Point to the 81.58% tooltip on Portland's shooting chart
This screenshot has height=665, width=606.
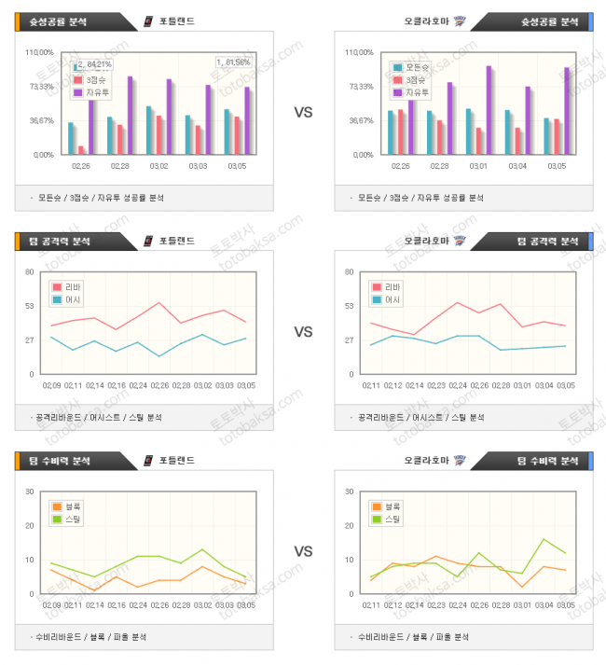tap(233, 62)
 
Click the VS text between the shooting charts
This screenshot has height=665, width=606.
tap(303, 112)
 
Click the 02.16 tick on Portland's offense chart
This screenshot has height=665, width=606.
tap(117, 384)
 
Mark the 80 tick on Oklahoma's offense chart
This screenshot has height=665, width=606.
tap(350, 272)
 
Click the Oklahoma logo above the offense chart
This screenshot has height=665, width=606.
tap(460, 241)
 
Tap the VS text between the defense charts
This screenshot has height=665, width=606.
tap(303, 551)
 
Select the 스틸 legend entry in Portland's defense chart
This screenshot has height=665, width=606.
tap(70, 519)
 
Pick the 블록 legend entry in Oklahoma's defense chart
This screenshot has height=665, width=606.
tap(386, 506)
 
